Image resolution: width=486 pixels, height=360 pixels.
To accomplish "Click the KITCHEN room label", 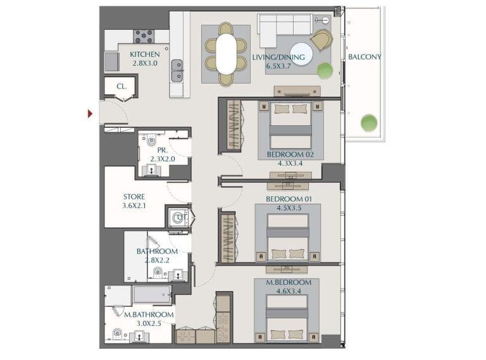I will coord(145,54).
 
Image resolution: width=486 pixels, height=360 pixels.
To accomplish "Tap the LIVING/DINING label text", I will coord(278,58).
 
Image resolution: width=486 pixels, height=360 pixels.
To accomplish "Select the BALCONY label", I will coord(364,57).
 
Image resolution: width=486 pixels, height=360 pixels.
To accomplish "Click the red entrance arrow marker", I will coord(90,114).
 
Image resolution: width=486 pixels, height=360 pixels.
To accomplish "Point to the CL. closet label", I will coord(121,87).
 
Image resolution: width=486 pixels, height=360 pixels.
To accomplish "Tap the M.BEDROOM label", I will coord(289,282).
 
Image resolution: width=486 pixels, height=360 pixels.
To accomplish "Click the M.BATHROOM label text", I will coord(149,314).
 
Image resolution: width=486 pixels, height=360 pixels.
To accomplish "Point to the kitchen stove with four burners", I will coord(144,36).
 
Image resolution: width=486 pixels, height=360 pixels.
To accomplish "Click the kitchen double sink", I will coord(177,70).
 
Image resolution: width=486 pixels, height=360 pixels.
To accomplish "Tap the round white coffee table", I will coord(301,52).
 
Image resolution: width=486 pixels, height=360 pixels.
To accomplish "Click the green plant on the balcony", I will coord(368,122).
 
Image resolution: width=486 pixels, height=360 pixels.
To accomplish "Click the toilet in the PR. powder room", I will coord(151,141).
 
